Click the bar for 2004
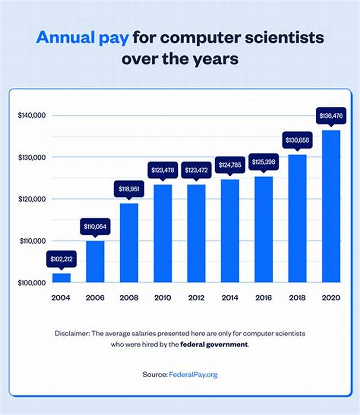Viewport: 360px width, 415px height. coord(61,278)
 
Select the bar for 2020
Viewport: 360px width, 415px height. coord(331,206)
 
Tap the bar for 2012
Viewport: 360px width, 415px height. coord(196,233)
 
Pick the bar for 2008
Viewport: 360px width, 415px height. coord(129,243)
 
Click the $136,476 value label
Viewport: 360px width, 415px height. coord(331,116)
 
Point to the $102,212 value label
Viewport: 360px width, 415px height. coord(61,259)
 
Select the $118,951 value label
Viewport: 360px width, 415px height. coord(129,189)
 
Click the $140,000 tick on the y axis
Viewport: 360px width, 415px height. coord(32,116)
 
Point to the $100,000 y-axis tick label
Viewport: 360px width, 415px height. coord(32,283)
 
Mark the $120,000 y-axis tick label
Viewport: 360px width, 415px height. coord(32,199)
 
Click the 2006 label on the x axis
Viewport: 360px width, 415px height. coord(95,298)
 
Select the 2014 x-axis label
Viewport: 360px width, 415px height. coord(230,298)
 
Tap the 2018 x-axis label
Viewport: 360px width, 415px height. coord(297,298)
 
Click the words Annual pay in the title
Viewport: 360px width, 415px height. coord(84,37)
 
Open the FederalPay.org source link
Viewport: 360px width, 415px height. coord(193,374)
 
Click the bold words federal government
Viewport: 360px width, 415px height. coord(214,344)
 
